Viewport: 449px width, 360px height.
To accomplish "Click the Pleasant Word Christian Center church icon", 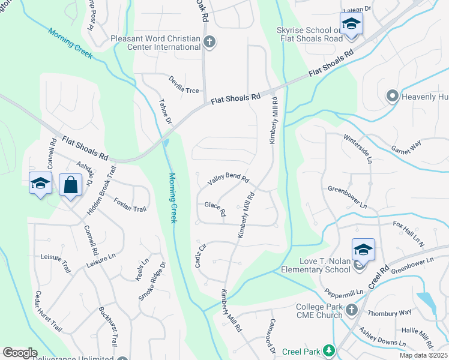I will (x=209, y=42).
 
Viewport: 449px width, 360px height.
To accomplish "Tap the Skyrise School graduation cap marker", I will (x=350, y=25).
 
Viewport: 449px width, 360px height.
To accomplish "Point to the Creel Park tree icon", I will (x=328, y=350).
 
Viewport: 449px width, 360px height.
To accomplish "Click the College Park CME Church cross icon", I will (x=352, y=310).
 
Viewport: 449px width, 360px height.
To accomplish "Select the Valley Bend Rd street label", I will (x=228, y=179).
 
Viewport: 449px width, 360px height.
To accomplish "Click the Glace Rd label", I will (x=215, y=208).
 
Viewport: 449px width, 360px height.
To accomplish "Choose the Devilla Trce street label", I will (x=183, y=85).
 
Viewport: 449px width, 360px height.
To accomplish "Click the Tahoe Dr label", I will (x=164, y=112).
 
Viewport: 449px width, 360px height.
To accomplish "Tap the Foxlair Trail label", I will (x=130, y=205).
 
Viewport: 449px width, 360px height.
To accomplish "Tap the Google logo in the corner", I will (x=20, y=353).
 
